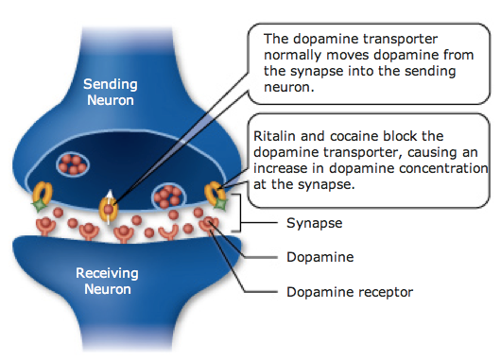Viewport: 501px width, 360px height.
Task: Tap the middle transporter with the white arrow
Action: coord(110,206)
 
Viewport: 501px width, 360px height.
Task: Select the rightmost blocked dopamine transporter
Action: coord(216,193)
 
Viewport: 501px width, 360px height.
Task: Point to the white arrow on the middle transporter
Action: coord(110,198)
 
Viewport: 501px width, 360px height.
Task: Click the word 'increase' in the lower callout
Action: coord(280,168)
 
